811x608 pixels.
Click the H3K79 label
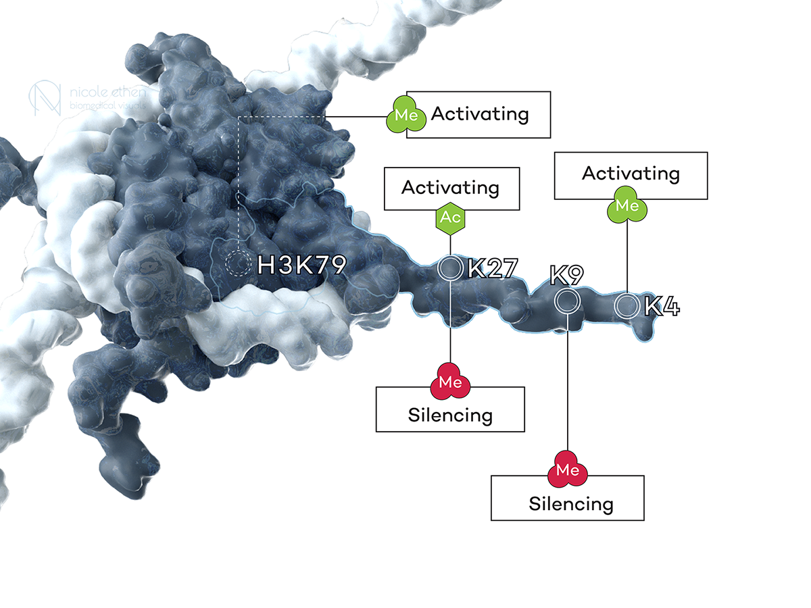(x=302, y=264)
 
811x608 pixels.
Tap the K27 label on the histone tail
(x=492, y=268)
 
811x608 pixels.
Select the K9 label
(x=566, y=276)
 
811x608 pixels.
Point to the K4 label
(x=661, y=307)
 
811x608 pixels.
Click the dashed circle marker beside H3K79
(x=237, y=263)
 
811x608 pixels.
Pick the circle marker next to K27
(x=450, y=268)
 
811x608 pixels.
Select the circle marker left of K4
(x=626, y=306)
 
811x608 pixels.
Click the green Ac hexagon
(x=451, y=218)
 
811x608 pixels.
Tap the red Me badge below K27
(x=450, y=383)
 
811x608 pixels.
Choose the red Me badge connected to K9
(x=568, y=470)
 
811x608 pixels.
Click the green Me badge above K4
(x=628, y=205)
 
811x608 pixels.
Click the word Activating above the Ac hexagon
(x=450, y=187)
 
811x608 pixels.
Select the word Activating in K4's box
(x=631, y=174)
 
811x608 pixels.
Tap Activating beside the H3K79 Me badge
(x=480, y=113)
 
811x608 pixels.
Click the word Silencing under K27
(x=450, y=415)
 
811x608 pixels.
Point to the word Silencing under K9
(x=571, y=503)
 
